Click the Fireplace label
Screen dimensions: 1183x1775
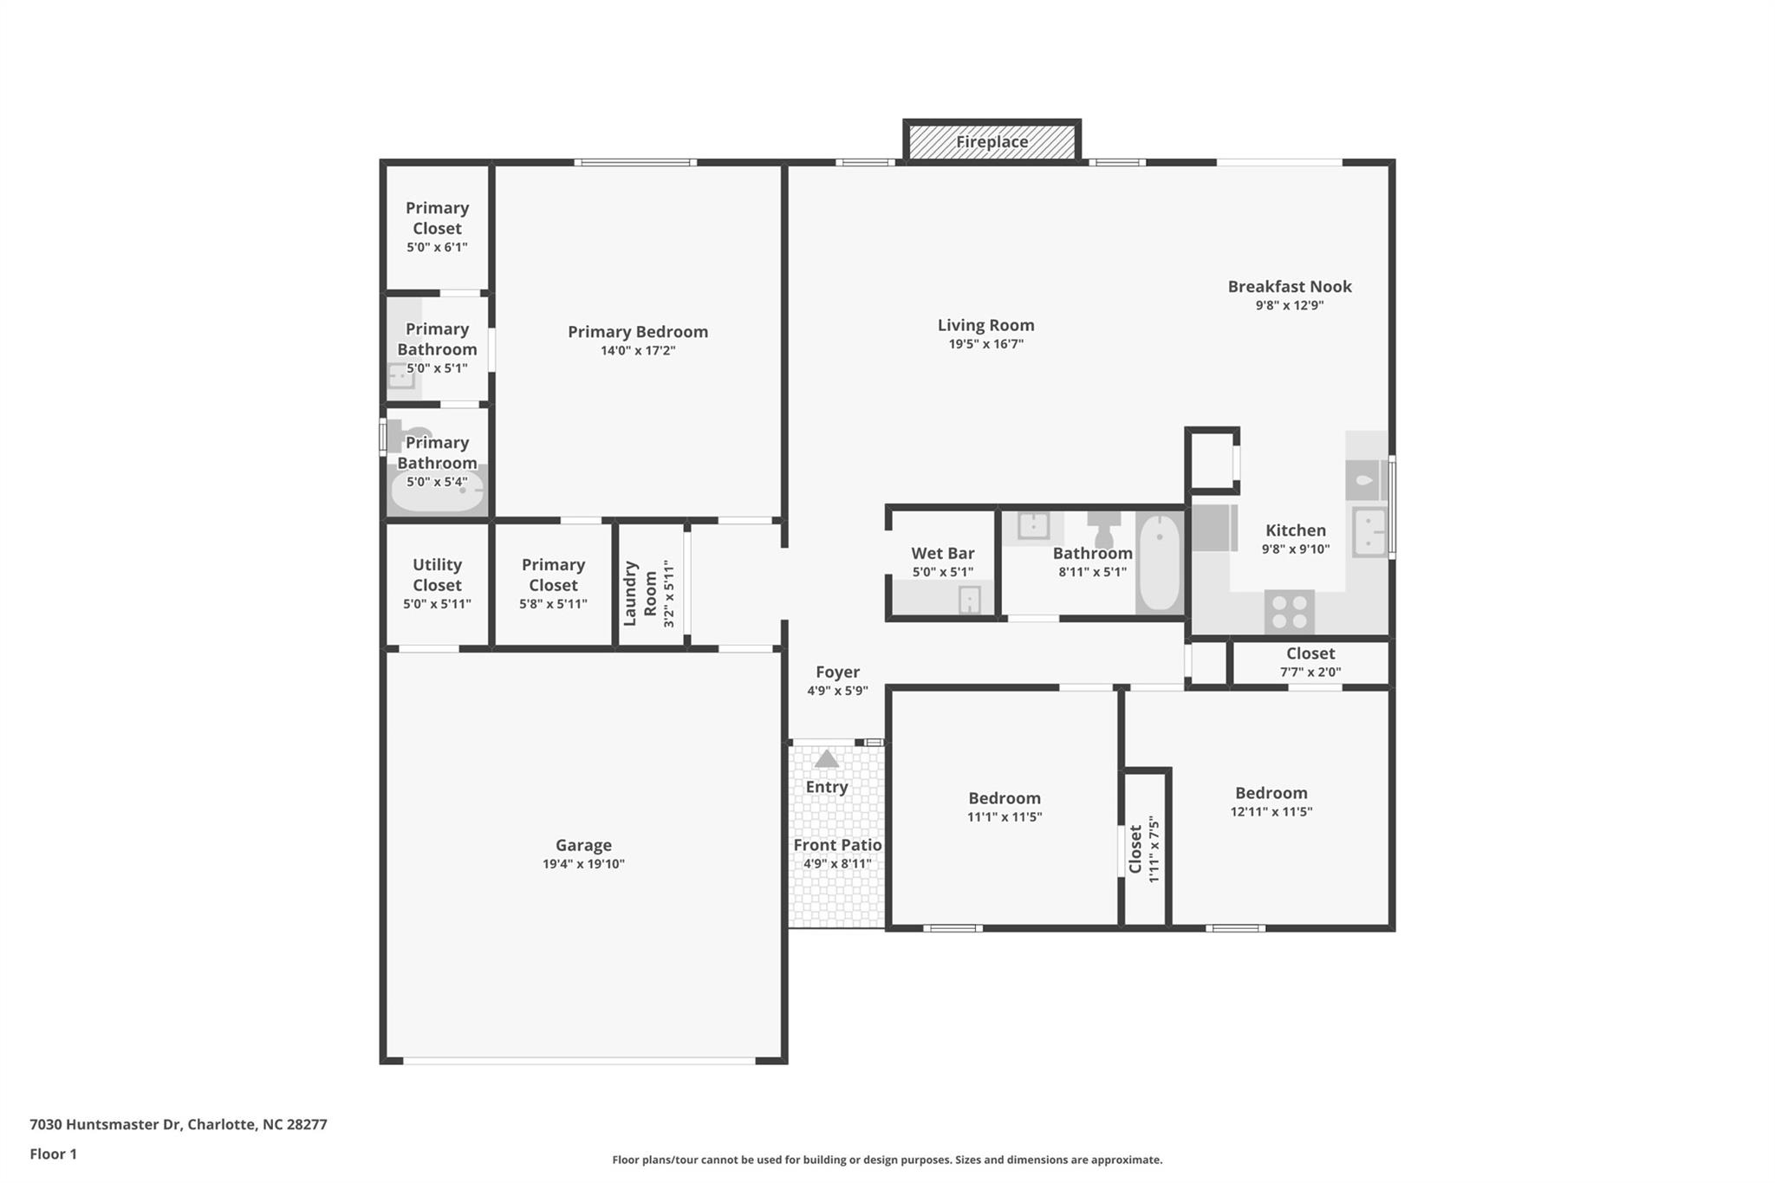992,141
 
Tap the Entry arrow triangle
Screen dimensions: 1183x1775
826,759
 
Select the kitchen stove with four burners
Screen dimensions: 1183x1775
1289,611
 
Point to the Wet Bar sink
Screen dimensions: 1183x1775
969,599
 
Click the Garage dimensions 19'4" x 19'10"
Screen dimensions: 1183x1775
583,864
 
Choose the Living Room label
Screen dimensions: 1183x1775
985,325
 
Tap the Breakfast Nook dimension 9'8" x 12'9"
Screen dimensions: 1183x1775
1289,305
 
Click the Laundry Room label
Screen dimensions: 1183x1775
640,593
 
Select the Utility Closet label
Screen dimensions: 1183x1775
437,575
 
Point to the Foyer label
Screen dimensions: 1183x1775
837,672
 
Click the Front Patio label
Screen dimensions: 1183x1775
837,845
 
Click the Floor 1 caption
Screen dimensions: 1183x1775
53,1154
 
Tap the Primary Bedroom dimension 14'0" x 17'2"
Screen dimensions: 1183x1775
637,351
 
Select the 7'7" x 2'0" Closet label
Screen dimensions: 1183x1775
1310,653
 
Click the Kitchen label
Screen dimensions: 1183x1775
1295,530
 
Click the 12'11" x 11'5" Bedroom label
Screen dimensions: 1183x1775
1271,793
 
